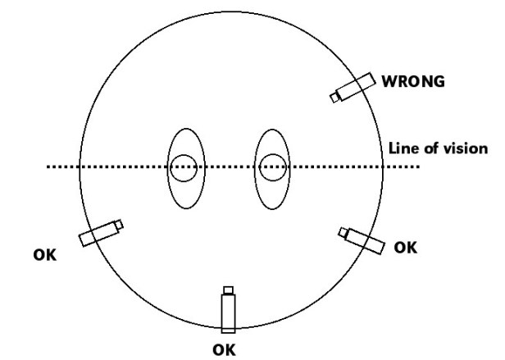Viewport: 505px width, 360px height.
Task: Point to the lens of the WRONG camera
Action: pyautogui.click(x=334, y=98)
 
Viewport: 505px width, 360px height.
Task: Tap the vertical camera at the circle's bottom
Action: pyautogui.click(x=228, y=312)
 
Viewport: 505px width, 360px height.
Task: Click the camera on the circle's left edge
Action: pyautogui.click(x=98, y=234)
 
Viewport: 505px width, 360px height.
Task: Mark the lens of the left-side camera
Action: pyautogui.click(x=120, y=224)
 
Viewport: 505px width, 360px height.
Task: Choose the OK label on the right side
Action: pyautogui.click(x=406, y=246)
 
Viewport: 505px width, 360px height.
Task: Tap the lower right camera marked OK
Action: pyautogui.click(x=365, y=240)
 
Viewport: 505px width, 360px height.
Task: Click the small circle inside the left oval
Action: pyautogui.click(x=184, y=167)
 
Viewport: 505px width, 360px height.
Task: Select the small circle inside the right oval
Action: pyautogui.click(x=271, y=167)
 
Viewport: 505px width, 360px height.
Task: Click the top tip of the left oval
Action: pyautogui.click(x=184, y=127)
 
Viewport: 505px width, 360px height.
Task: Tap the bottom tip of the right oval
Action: pyautogui.click(x=271, y=211)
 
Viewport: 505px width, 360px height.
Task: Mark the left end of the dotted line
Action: pyautogui.click(x=48, y=167)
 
